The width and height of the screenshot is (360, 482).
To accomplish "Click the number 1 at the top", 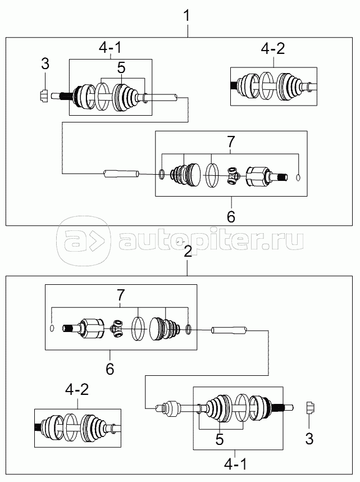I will click(x=187, y=17).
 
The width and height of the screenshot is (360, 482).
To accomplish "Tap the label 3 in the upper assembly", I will click(x=45, y=65).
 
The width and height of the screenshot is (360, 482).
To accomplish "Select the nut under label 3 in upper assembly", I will click(x=44, y=96).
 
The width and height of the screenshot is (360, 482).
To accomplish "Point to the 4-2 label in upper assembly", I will click(x=273, y=49).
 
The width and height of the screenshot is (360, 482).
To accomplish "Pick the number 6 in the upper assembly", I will click(x=230, y=216).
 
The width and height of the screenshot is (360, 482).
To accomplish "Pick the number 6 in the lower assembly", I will click(x=110, y=369).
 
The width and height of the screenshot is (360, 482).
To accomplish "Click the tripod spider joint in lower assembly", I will click(x=118, y=329).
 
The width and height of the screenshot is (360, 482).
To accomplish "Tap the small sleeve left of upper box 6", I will click(x=120, y=173).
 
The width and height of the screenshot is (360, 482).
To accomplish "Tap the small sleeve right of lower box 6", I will click(x=229, y=330).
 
